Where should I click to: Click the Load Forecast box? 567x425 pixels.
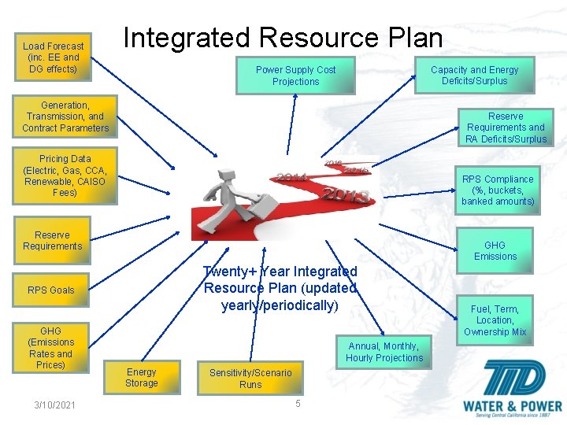tap(54, 57)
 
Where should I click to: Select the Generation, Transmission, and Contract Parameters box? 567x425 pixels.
tap(65, 116)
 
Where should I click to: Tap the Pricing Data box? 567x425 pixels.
tap(65, 176)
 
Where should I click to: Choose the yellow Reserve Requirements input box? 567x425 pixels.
tap(52, 241)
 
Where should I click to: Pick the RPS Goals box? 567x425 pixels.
tap(51, 290)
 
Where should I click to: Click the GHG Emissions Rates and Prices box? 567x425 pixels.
tap(51, 348)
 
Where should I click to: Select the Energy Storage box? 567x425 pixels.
tap(142, 378)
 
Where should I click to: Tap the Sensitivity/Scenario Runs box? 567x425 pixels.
tap(250, 379)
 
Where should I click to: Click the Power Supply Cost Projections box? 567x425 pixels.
tap(295, 76)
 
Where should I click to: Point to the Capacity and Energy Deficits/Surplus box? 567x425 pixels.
tap(475, 75)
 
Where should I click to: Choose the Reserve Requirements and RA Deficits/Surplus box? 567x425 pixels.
tap(506, 128)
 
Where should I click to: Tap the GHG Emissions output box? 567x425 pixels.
tap(495, 250)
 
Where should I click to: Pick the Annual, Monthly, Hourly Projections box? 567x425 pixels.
tap(384, 352)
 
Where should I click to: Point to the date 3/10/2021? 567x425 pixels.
tap(55, 405)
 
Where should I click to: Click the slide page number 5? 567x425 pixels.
tap(298, 404)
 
